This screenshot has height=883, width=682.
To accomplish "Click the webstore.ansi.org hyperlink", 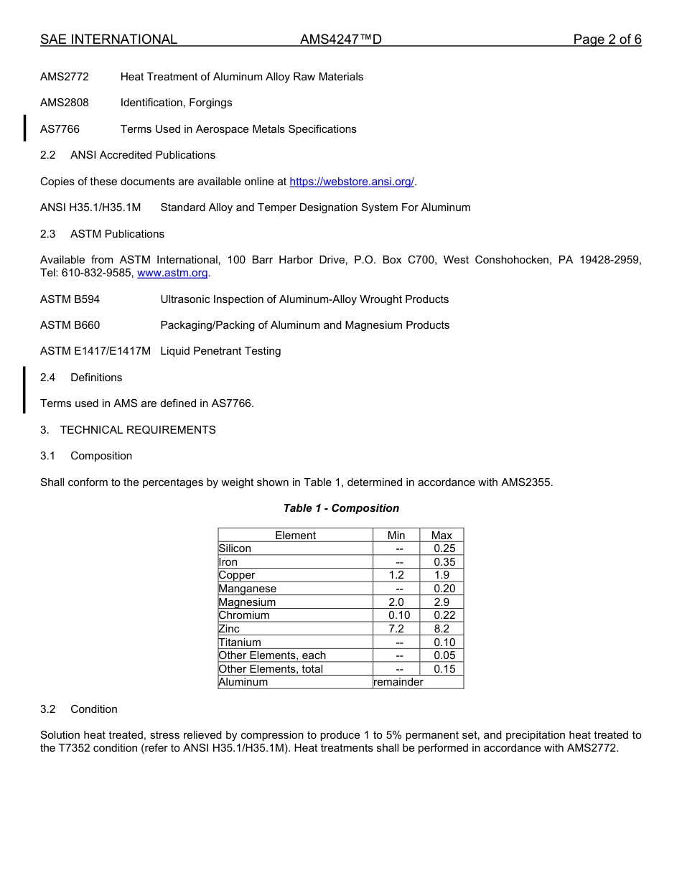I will click(x=352, y=182).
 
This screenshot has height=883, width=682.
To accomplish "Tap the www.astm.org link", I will click(x=172, y=273).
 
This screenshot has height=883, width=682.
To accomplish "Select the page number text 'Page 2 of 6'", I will click(x=607, y=39).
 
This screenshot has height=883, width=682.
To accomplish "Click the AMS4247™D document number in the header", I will click(x=341, y=39).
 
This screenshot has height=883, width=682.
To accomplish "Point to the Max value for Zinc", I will click(x=442, y=629).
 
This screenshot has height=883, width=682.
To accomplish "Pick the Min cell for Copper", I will click(x=396, y=575).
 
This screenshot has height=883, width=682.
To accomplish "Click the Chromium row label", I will click(x=244, y=615).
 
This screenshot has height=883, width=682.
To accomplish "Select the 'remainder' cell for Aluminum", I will click(x=398, y=682).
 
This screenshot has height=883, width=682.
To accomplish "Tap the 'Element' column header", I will click(x=295, y=536).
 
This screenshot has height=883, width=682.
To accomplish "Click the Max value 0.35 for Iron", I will click(x=444, y=562).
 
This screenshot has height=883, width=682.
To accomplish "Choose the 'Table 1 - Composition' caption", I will click(x=341, y=508).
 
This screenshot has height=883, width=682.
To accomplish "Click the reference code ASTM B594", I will click(x=70, y=299).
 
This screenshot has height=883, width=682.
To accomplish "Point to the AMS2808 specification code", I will click(x=65, y=103).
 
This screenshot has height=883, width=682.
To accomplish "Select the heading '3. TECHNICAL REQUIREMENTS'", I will click(x=128, y=430).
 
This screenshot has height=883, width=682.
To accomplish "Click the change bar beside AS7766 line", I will click(x=25, y=128).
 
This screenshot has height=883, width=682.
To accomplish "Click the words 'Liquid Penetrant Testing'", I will click(x=220, y=351).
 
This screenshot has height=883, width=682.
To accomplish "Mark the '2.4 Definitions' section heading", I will click(x=81, y=378).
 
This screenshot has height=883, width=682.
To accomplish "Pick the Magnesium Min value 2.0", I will click(x=396, y=602).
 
